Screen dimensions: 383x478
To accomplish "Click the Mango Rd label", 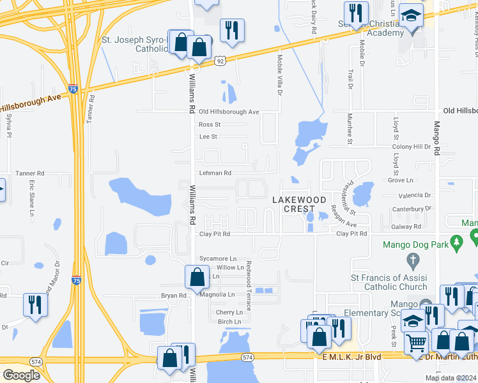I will pos(437,139).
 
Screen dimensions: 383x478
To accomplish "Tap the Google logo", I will pos(21,375).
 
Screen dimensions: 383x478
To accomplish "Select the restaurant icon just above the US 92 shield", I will pos(231,29).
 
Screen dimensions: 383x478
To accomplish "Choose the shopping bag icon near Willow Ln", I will pos(196,277).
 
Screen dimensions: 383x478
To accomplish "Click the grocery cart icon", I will pos(416,343).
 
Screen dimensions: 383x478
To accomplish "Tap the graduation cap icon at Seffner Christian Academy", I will pos(412,15).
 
